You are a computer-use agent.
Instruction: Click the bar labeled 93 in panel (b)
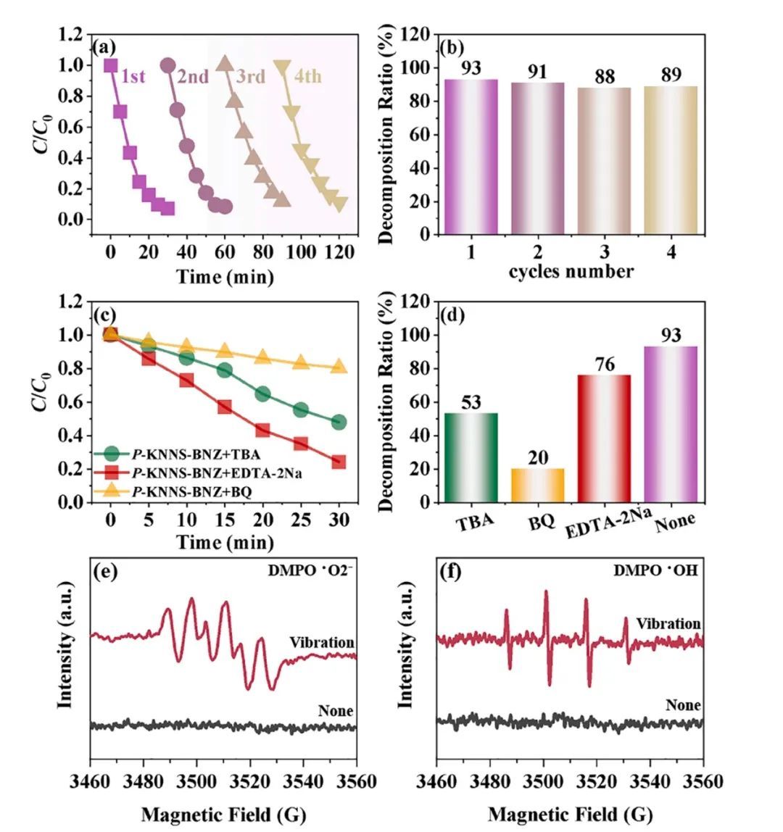[x=471, y=157]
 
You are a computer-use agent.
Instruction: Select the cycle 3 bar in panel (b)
[x=604, y=160]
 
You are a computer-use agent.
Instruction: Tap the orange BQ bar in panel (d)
[x=537, y=485]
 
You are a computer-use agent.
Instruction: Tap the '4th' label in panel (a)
[x=307, y=77]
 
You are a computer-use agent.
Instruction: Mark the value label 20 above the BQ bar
[x=537, y=458]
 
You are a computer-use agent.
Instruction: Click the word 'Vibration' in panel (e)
[x=321, y=642]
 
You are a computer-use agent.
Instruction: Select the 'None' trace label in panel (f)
[x=682, y=705]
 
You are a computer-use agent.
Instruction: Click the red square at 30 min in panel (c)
[x=339, y=462]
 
